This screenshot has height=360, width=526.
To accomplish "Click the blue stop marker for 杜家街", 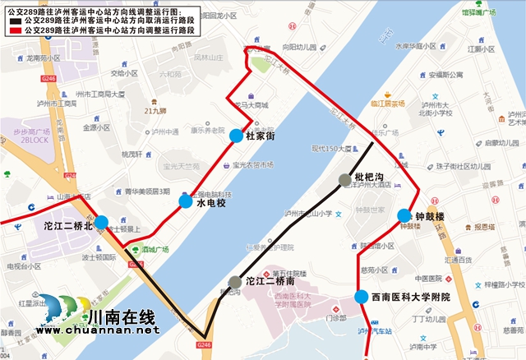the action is click(x=237, y=136).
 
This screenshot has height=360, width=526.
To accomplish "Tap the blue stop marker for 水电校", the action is click(x=186, y=201).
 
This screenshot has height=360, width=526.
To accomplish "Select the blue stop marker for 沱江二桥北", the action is click(x=100, y=222).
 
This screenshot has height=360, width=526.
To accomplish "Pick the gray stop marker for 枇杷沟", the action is click(x=344, y=179).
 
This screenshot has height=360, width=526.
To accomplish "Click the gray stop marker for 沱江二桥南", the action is click(x=236, y=282).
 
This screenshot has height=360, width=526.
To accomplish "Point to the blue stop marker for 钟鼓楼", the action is click(x=404, y=216).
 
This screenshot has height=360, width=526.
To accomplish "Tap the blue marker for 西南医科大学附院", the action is click(x=361, y=298).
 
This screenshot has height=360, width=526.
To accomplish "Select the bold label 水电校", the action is click(x=210, y=203).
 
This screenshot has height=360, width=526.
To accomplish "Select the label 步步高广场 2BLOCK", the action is click(x=30, y=136).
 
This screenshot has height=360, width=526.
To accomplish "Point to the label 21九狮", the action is click(x=155, y=109).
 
